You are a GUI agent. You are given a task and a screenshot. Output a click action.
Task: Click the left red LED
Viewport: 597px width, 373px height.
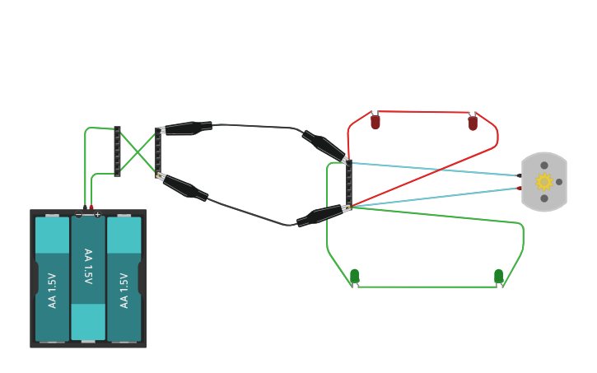pyautogui.click(x=375, y=122)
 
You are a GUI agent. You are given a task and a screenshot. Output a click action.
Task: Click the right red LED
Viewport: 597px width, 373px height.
pyautogui.click(x=473, y=123)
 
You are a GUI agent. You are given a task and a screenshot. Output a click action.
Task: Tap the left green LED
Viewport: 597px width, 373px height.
pyautogui.click(x=355, y=276)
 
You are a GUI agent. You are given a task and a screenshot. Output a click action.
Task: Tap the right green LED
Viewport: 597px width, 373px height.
pyautogui.click(x=498, y=276)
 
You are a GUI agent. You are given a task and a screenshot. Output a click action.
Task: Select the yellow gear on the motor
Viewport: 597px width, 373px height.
pyautogui.click(x=543, y=182)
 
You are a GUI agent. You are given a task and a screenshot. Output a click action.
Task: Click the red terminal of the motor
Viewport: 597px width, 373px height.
pyautogui.click(x=519, y=189)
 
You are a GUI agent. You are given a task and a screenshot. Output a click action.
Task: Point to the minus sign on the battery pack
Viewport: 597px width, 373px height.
pyautogui.click(x=79, y=215)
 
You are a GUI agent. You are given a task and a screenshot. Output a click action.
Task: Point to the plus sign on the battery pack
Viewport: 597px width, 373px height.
pyautogui.click(x=97, y=215)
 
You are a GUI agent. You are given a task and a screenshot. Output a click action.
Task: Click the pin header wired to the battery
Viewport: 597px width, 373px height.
pyautogui.click(x=117, y=152)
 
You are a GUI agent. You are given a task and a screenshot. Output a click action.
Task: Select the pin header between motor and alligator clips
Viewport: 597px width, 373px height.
pyautogui.click(x=348, y=183)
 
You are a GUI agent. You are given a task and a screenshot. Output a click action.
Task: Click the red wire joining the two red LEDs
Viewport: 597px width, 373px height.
pyautogui.click(x=424, y=111)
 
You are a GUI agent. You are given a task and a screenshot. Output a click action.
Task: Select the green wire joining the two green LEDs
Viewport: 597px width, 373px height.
pyautogui.click(x=427, y=287)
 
